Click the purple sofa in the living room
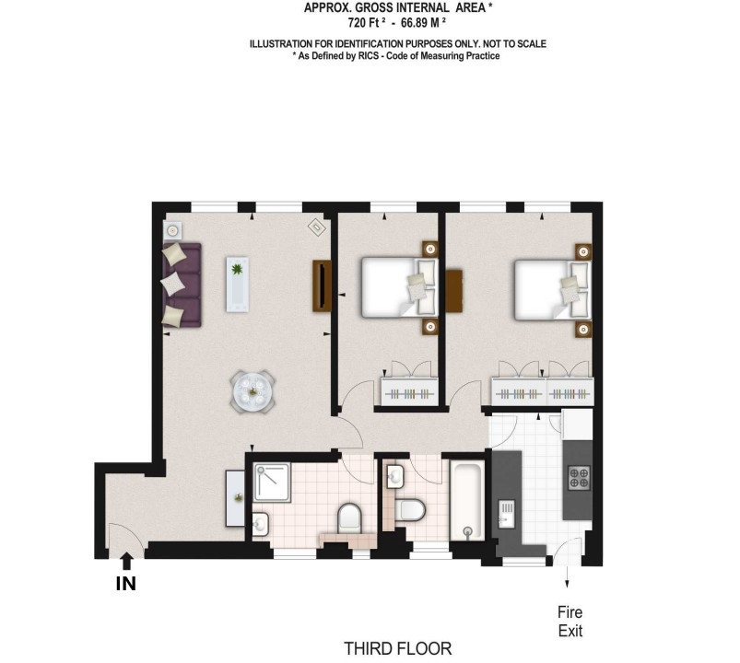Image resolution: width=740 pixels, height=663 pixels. (x=182, y=285)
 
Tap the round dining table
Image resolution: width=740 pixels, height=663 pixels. (x=253, y=392)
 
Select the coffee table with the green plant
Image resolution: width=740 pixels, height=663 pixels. (x=238, y=284)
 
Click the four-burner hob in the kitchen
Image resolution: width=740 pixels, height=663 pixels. (x=579, y=477)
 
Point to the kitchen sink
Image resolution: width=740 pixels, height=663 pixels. (x=507, y=515)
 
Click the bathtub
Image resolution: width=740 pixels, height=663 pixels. (x=467, y=500)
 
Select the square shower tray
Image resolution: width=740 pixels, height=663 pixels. (x=272, y=483)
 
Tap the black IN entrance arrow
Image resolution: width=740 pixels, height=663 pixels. (x=125, y=561)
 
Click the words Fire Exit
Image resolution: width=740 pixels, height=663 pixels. (x=570, y=622)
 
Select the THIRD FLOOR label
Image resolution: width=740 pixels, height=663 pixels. (x=398, y=649)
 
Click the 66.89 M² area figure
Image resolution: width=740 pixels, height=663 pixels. (x=423, y=22)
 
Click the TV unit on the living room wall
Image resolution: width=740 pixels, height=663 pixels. (x=322, y=285)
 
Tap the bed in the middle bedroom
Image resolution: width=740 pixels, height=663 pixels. (x=400, y=287)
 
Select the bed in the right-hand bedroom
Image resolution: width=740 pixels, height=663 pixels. (x=553, y=289)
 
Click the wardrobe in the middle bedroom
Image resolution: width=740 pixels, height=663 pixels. (x=410, y=391)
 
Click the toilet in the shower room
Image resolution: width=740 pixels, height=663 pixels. (x=349, y=517)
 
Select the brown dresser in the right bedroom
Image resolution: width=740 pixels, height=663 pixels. (x=454, y=290)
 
